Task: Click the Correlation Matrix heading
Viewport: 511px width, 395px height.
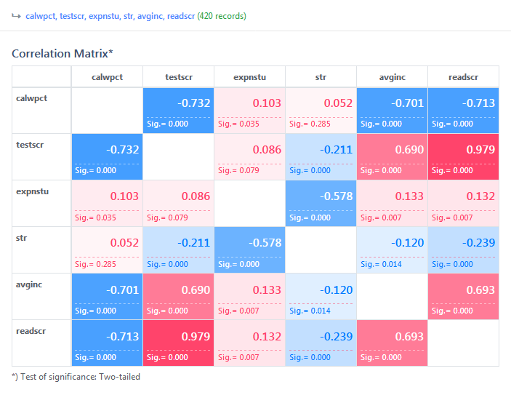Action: point(62,53)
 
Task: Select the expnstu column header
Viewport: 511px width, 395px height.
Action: point(249,76)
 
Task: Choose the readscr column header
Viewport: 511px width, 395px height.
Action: point(463,76)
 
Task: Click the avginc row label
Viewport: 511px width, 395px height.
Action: point(30,284)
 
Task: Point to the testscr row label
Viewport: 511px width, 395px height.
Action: point(30,145)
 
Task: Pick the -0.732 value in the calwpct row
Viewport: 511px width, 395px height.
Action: point(194,103)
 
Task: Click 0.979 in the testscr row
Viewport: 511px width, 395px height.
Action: point(479,150)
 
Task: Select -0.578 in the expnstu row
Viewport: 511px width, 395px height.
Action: point(337,196)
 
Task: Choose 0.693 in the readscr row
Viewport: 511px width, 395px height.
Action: point(408,336)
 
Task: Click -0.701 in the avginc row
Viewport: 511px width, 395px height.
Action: point(123,290)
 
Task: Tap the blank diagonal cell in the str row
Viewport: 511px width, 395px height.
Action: point(321,250)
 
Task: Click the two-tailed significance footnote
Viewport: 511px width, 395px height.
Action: point(76,377)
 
